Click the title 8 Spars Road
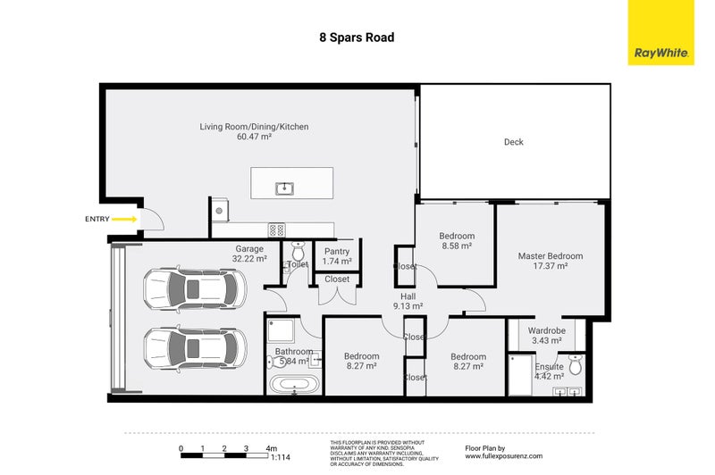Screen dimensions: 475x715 click(x=357, y=38)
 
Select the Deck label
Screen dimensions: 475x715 click(x=513, y=142)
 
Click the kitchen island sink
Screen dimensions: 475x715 click(x=284, y=187)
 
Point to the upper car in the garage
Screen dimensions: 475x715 click(x=194, y=288)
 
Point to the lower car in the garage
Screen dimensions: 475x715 click(x=194, y=346)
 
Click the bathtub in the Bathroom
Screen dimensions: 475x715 click(x=291, y=386)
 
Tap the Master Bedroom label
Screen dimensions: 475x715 click(x=551, y=261)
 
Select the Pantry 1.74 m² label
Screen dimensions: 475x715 click(x=337, y=256)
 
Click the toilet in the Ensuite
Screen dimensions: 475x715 click(x=576, y=364)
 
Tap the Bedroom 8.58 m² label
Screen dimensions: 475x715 click(x=457, y=241)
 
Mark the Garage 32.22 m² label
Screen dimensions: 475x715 click(x=249, y=254)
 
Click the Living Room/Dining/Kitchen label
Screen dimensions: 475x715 click(x=254, y=132)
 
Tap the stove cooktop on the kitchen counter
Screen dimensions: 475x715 click(x=277, y=229)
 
